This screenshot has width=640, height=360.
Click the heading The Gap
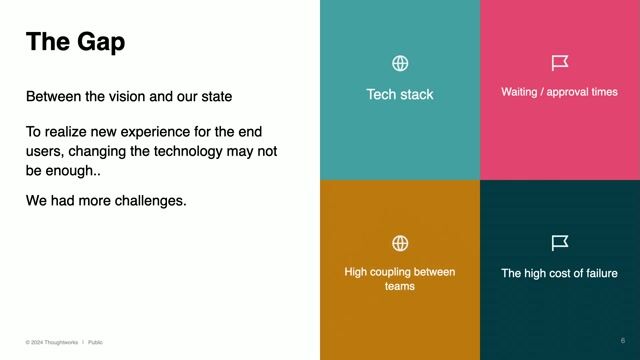[75, 42]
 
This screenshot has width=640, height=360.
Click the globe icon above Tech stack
[400, 64]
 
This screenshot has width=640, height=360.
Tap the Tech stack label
[400, 95]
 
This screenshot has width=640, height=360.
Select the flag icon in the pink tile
[560, 64]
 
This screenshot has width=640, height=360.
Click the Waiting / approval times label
[559, 92]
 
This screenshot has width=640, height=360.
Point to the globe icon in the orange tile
[400, 243]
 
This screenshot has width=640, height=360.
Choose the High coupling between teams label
[400, 278]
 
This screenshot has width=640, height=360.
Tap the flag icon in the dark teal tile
[560, 243]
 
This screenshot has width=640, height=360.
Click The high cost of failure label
[559, 273]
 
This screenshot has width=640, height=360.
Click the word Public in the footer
[95, 342]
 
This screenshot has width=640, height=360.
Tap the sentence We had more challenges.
[106, 201]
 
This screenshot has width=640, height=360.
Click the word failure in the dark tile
[597, 273]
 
